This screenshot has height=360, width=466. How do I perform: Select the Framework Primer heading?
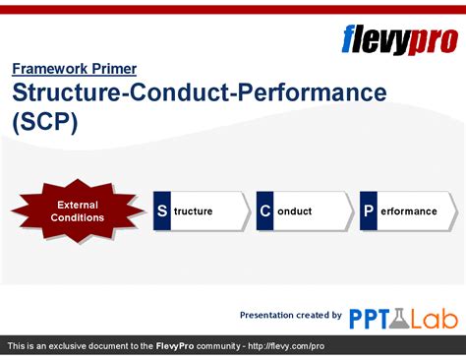tap(74, 69)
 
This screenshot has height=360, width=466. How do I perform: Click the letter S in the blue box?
tap(162, 211)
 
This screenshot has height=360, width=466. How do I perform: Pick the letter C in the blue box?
tap(265, 211)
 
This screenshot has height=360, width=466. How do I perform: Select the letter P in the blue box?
tap(369, 211)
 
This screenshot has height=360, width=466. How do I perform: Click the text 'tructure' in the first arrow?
tap(194, 211)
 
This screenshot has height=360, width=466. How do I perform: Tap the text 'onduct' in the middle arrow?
tap(294, 211)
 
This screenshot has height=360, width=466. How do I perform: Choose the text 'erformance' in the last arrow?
tap(408, 211)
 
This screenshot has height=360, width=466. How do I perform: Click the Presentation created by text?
tap(291, 315)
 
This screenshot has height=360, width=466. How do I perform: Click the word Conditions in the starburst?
tap(77, 217)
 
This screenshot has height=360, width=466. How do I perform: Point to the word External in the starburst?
tap(77, 205)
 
